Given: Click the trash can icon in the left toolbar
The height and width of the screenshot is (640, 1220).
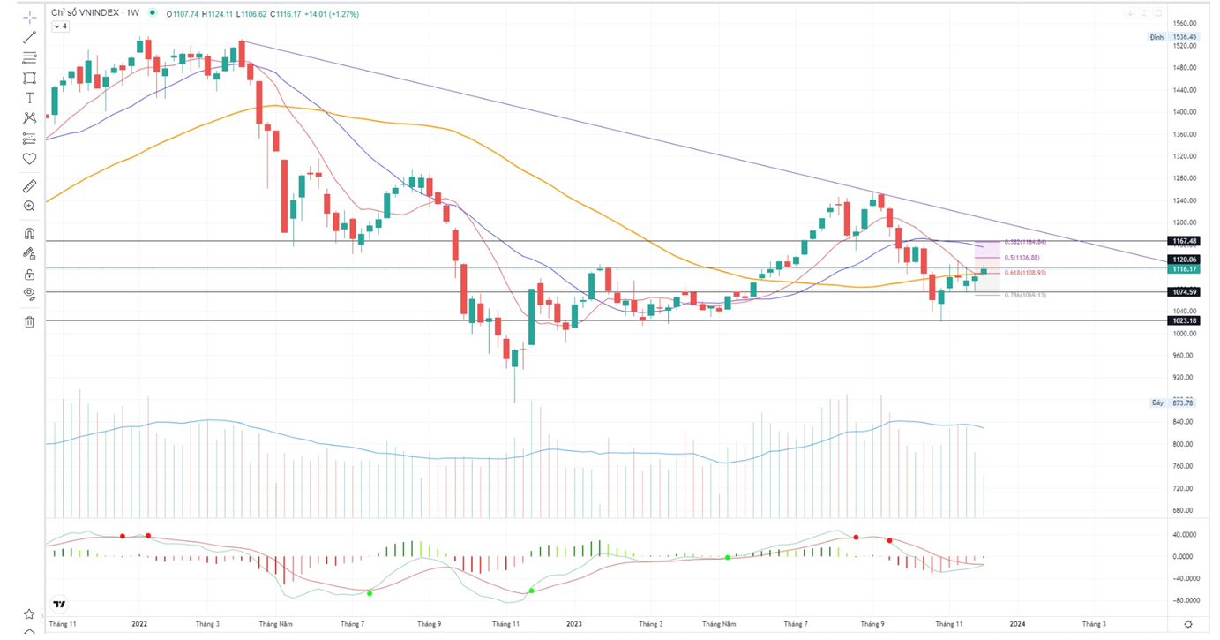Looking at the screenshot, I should [x=29, y=322].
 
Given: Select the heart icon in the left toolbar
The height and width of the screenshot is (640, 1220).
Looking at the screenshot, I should [x=29, y=159].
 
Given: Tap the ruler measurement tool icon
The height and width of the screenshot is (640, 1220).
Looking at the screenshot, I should [x=29, y=186].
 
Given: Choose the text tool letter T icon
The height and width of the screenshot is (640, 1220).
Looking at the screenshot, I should [x=29, y=98].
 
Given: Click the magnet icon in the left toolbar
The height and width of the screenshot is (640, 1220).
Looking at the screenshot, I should [x=29, y=234].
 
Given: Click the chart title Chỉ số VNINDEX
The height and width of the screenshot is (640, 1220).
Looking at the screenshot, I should [x=86, y=13].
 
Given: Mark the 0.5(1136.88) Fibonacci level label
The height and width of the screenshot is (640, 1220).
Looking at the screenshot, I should [x=1022, y=257].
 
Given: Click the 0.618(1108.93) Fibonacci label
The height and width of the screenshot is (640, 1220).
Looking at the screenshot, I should [x=1025, y=273].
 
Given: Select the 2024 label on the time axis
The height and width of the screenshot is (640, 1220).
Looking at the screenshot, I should [x=1017, y=624].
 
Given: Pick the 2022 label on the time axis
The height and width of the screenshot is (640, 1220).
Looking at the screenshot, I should [x=139, y=624].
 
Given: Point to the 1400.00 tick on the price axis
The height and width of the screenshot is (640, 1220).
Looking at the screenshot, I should [x=1184, y=112].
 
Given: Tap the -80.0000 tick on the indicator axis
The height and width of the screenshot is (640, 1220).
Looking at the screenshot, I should [x=1184, y=600].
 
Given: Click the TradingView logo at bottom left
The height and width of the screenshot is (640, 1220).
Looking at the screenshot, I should [x=59, y=605].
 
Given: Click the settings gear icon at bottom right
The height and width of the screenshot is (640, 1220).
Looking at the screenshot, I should [x=1188, y=624].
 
